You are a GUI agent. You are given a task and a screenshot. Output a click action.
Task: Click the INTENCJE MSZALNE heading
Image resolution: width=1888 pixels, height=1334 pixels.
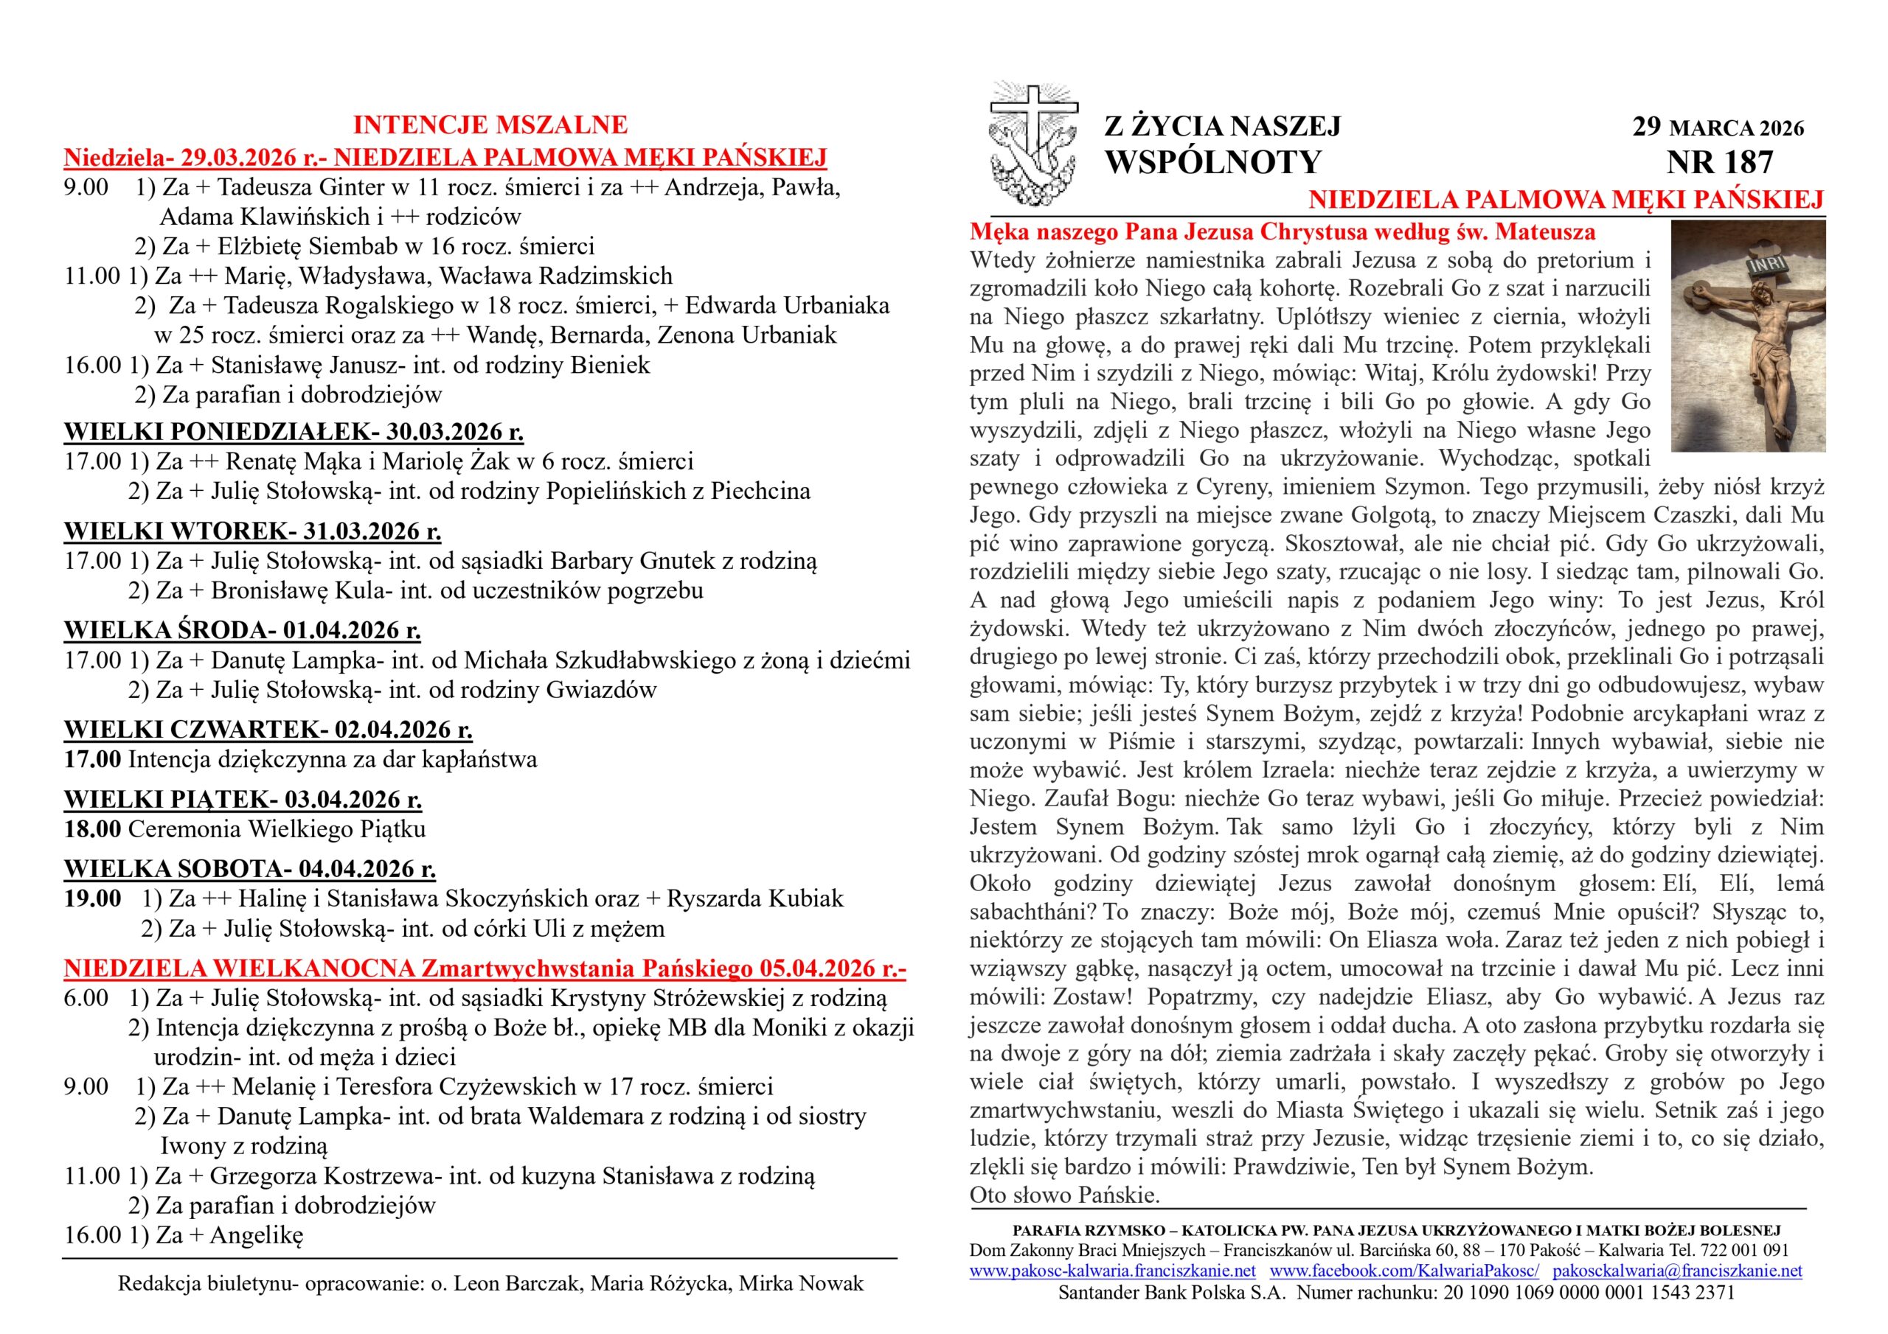click(490, 125)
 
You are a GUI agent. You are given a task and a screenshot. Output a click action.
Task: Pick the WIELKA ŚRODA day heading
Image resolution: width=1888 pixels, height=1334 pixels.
click(243, 630)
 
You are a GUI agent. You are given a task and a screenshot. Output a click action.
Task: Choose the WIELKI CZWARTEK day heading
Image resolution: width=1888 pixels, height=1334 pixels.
click(268, 729)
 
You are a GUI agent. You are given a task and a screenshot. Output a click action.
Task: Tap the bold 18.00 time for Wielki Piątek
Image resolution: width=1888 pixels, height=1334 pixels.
click(92, 828)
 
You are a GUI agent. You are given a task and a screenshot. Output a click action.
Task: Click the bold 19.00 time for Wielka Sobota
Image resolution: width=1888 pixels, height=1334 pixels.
click(92, 898)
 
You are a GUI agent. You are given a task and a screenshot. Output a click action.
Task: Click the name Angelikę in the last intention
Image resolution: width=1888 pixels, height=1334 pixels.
click(257, 1235)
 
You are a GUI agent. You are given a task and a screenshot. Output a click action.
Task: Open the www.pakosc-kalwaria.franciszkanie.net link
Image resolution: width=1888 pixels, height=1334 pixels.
click(1111, 1271)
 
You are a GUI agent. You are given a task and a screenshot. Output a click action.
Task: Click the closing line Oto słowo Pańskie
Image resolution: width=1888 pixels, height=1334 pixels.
click(1064, 1195)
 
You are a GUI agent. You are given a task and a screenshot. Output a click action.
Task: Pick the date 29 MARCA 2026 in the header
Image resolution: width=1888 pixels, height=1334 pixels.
click(1718, 128)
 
